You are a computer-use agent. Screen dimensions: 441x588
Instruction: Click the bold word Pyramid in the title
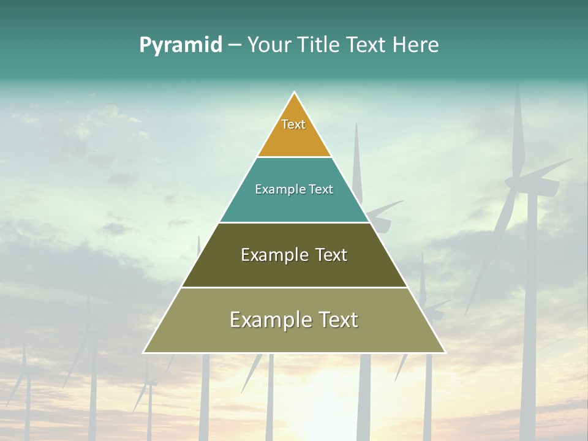180,45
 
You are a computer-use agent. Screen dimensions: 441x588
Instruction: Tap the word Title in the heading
321,45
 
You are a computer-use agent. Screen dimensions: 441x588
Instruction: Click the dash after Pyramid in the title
234,45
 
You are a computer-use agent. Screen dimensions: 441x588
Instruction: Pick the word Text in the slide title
367,45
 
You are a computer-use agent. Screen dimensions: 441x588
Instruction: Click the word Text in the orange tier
293,124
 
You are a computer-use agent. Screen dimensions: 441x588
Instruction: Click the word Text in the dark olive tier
331,255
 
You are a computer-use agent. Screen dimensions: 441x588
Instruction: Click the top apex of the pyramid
294,92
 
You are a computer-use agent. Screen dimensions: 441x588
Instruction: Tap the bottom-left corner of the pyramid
144,352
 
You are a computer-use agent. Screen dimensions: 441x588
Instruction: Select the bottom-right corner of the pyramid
445,352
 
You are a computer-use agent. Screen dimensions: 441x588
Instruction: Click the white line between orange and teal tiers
294,157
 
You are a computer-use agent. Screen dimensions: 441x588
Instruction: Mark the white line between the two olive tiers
294,287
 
